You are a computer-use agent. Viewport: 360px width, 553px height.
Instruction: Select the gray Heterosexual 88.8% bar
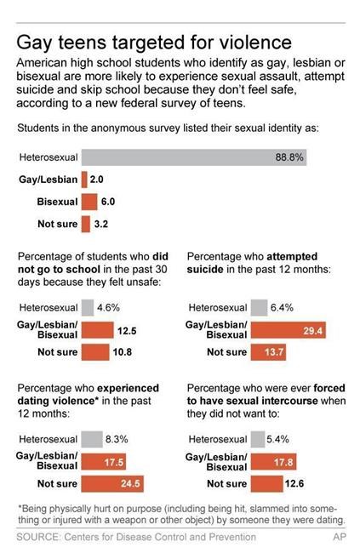point(193,157)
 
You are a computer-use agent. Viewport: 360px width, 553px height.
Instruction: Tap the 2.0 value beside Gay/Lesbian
point(97,180)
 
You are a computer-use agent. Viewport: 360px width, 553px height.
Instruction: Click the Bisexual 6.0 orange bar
point(89,202)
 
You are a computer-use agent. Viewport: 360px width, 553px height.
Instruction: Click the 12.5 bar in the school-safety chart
point(106,329)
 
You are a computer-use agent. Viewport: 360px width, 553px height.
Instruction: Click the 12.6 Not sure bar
point(274,482)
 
